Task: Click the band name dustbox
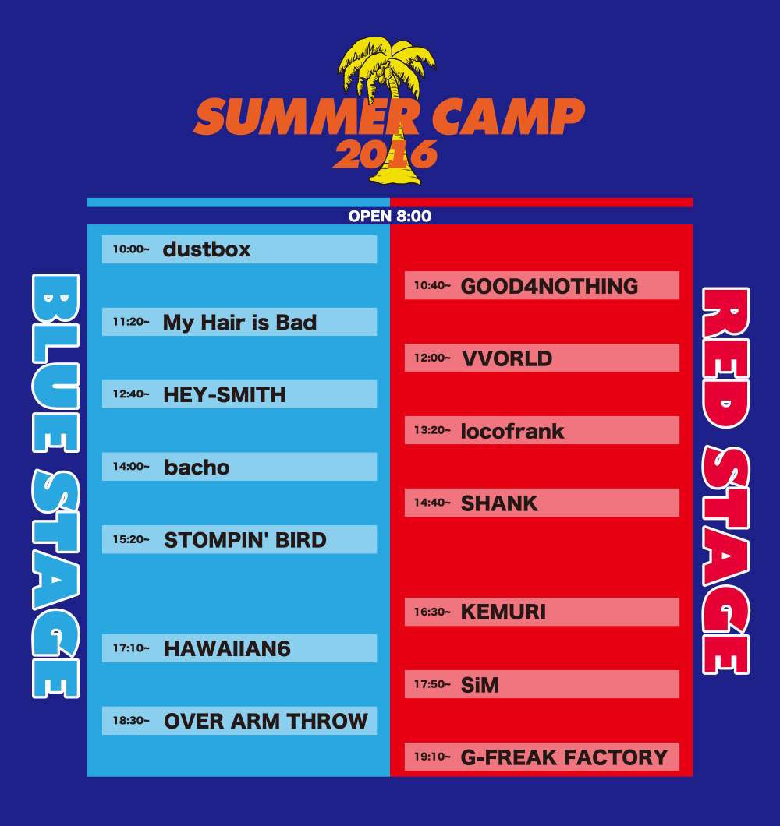coord(206,249)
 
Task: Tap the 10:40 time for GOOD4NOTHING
coord(432,285)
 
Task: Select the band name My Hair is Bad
coord(239,323)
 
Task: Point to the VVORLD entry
coord(507,358)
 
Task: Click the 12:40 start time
coord(131,394)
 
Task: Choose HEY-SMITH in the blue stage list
coord(224,394)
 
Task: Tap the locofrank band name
coord(512,431)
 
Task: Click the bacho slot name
coord(197,468)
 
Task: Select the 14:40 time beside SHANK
coord(432,503)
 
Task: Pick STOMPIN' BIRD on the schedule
coord(245,540)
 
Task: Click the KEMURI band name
coord(503,612)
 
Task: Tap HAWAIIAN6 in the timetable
coord(227,648)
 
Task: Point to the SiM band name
coord(480,685)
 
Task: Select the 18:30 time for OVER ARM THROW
coord(131,720)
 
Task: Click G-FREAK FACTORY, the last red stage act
coord(564,757)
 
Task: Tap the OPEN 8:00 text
coord(390,216)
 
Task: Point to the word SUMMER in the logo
coord(307,116)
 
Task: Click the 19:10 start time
coord(432,757)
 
